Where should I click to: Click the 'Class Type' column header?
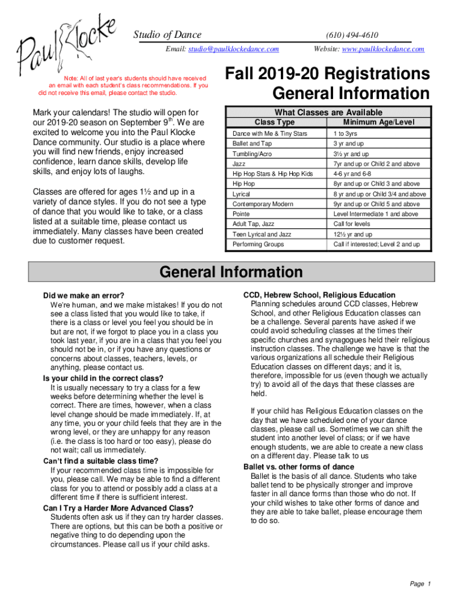click(x=275, y=122)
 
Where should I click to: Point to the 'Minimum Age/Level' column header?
click(x=379, y=122)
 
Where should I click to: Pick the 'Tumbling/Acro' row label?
click(x=252, y=154)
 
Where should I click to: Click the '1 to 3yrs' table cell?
click(x=346, y=133)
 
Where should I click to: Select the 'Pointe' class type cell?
click(x=241, y=214)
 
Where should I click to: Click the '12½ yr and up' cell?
click(x=353, y=234)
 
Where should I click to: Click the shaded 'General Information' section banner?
click(x=231, y=272)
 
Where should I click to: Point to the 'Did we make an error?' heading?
click(x=84, y=295)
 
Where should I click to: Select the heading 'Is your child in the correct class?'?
click(x=103, y=378)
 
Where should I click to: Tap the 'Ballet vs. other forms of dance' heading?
click(x=298, y=467)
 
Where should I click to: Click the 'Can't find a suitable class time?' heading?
click(x=99, y=461)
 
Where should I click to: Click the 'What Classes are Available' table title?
click(x=328, y=112)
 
